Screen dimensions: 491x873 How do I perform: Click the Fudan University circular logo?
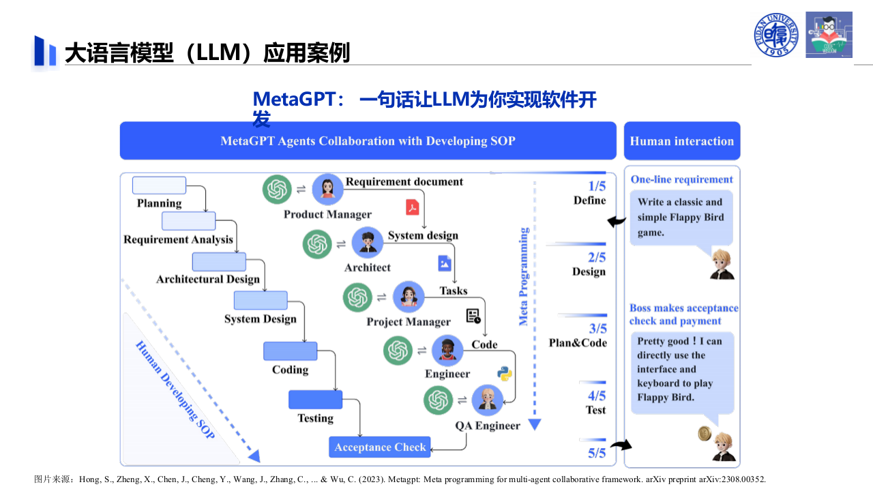(x=776, y=34)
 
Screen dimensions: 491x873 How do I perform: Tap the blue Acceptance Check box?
(x=380, y=447)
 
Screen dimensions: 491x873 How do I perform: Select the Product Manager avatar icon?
(x=327, y=189)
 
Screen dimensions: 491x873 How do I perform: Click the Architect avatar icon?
(x=368, y=243)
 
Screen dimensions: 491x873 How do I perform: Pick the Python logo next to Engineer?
(x=505, y=373)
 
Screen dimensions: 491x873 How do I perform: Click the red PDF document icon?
(x=413, y=207)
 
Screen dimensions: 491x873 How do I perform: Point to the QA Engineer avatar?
(x=487, y=400)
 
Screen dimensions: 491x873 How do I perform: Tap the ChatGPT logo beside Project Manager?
(x=357, y=297)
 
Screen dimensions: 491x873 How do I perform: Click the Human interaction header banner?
(x=681, y=141)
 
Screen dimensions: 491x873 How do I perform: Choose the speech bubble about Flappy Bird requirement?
(x=681, y=218)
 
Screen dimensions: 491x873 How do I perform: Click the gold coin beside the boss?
(x=705, y=433)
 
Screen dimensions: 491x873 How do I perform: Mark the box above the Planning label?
(x=159, y=185)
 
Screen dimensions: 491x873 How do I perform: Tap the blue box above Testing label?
(x=315, y=400)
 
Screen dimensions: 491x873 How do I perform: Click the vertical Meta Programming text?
(x=524, y=276)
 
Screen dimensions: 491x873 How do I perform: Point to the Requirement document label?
(x=404, y=181)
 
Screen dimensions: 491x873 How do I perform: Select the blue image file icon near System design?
(x=445, y=263)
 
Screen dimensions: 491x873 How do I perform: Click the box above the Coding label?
(x=290, y=351)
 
